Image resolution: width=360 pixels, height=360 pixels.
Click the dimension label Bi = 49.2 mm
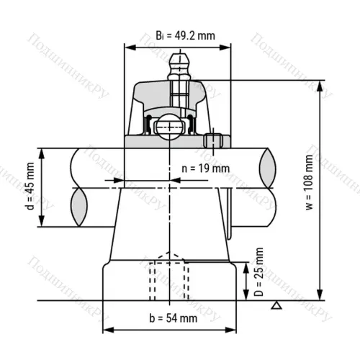coord(185,36)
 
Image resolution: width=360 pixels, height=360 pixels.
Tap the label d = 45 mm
coord(30,186)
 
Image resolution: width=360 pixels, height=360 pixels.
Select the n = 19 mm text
coord(205,168)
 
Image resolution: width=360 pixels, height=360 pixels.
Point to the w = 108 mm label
coord(310,182)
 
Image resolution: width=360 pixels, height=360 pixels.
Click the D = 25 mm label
coord(258,271)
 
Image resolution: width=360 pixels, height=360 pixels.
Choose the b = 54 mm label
coord(174,318)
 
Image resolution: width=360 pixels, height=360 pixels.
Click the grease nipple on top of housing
coord(179,66)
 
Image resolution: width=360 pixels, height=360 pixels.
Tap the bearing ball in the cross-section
coord(170,127)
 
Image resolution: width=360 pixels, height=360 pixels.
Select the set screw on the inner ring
coord(213,141)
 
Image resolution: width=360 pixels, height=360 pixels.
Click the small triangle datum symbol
coord(276,305)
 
